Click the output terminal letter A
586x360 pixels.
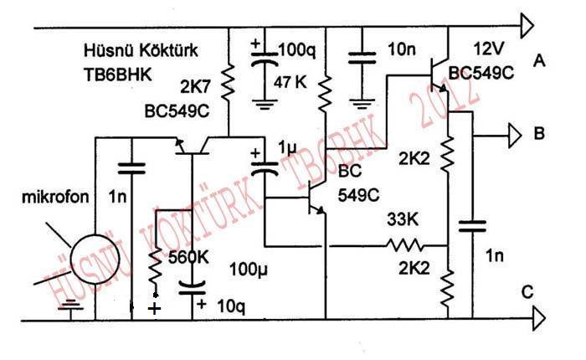point(539,59)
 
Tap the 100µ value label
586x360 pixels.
point(249,270)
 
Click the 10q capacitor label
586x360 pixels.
point(230,306)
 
